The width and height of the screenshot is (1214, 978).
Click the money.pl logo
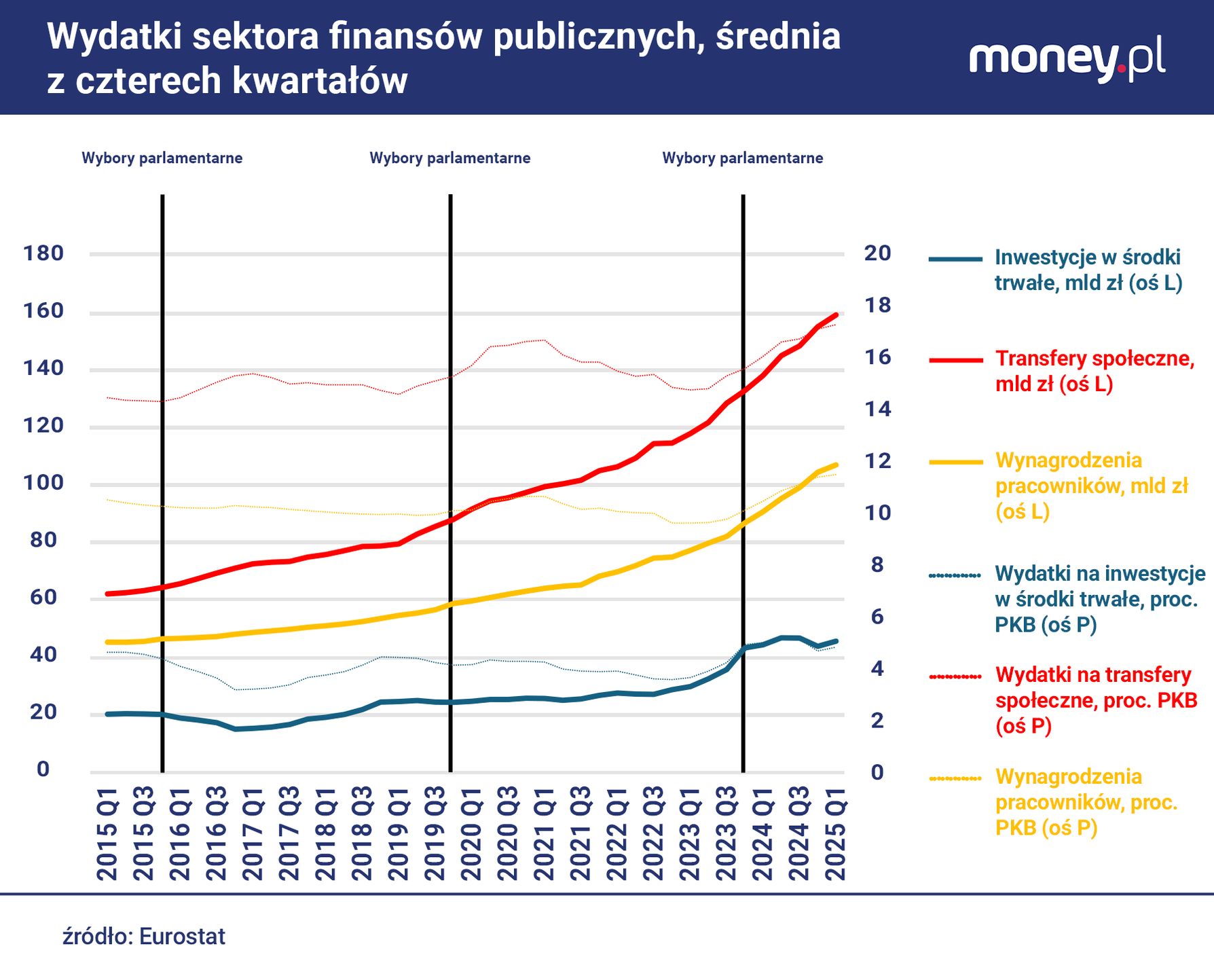coord(1067,59)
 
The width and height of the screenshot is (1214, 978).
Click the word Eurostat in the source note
coord(182,937)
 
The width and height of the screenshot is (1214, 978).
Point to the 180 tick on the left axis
coord(43,253)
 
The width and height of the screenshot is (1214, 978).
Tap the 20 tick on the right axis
coord(877,253)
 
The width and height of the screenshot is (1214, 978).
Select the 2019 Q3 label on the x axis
coord(435,833)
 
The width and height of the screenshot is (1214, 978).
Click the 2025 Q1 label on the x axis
coord(834,833)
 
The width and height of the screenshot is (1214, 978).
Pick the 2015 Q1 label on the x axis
coord(107,833)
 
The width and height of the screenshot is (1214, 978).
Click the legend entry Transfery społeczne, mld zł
coord(1094,371)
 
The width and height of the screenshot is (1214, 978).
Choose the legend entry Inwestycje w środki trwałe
coord(1088,270)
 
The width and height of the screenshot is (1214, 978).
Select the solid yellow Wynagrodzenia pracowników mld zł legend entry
coord(1091,486)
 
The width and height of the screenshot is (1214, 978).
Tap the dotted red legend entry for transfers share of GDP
coord(1096,700)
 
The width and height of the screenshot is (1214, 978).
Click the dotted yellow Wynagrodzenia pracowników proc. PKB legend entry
coord(1086,802)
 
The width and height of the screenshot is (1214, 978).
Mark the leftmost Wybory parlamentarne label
coord(162,158)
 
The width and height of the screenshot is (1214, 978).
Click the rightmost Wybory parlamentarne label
coord(743,158)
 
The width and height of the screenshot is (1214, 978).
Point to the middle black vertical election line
coord(450,475)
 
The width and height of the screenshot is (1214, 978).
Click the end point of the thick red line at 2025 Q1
coord(836,315)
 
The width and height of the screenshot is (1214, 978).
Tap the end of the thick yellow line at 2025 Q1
coord(836,465)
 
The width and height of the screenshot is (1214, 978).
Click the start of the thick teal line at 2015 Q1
coord(108,714)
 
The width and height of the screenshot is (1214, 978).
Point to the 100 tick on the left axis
coord(43,483)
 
